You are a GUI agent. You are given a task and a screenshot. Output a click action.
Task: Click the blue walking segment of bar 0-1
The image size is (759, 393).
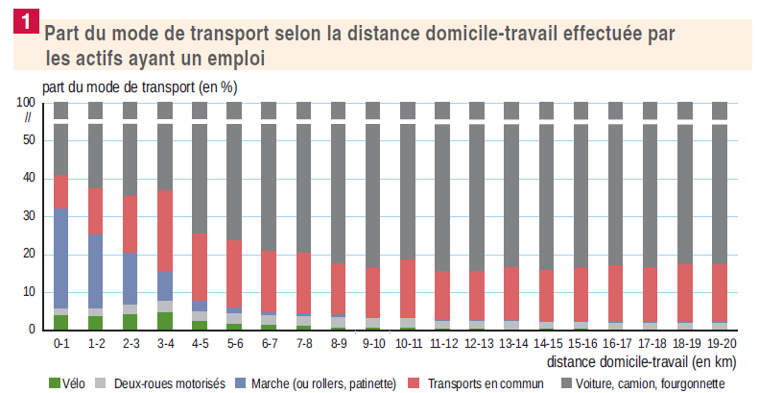tap(61, 258)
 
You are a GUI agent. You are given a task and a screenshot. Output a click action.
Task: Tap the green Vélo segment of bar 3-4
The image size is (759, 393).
tap(165, 321)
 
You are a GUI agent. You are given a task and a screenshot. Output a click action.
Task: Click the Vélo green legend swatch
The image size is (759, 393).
tap(53, 382)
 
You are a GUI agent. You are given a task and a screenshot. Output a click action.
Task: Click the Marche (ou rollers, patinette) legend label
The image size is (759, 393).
tap(326, 382)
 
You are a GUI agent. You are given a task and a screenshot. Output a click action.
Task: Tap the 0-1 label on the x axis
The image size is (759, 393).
tap(61, 342)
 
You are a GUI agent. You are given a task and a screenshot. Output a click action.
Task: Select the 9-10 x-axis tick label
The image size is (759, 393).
tap(372, 342)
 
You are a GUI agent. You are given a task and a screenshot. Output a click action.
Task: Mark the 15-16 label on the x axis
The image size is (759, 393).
tap(581, 342)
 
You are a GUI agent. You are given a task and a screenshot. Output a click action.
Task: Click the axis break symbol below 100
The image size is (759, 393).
tap(29, 117)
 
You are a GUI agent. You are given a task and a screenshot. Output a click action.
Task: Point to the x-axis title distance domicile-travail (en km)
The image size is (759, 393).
tap(644, 362)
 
